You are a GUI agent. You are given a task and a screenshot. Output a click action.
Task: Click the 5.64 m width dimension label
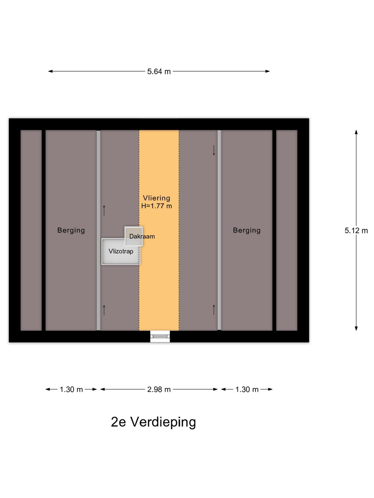159,72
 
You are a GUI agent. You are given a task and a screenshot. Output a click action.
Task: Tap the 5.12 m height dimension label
356,231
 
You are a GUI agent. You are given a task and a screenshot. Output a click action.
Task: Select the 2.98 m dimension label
159,389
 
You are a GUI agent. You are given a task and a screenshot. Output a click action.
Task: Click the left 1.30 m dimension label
71,389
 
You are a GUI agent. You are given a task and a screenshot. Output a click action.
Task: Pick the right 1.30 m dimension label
247,389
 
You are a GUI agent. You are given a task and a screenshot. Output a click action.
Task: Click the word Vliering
157,198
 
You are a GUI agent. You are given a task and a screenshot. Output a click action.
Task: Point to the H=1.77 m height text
157,206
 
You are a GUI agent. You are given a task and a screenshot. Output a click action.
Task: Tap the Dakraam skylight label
142,237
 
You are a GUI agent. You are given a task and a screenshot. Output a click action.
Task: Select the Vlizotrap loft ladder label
121,251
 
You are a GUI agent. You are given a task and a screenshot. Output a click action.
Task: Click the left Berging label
71,230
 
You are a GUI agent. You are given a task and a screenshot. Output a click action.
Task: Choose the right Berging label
247,230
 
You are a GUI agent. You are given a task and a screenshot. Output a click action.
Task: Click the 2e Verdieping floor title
153,422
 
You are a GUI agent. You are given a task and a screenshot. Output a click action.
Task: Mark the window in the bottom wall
160,336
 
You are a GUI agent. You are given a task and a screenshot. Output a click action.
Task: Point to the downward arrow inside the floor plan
214,150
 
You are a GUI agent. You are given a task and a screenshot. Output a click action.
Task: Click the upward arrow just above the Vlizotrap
104,210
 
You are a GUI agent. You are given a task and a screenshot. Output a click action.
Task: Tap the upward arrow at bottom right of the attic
214,310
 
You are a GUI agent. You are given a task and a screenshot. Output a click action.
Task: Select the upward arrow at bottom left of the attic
104,310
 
